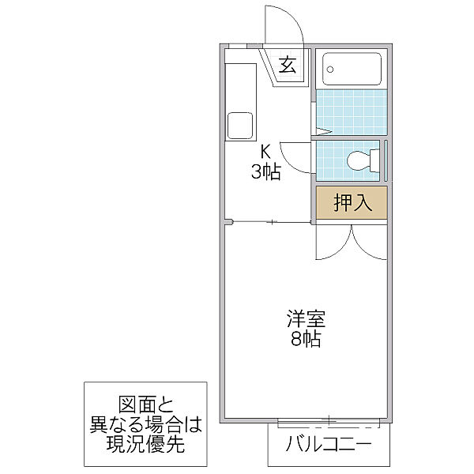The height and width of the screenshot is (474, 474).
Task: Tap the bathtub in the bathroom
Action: (x=352, y=72)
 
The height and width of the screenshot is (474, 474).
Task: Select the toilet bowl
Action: (x=359, y=160)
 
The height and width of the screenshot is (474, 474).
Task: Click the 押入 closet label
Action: (x=352, y=203)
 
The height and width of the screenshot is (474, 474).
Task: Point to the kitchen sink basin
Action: (x=239, y=125)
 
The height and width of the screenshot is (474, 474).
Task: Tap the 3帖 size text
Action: (x=266, y=171)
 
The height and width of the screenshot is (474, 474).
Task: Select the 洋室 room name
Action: (x=307, y=320)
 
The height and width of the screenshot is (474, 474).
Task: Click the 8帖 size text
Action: (x=307, y=340)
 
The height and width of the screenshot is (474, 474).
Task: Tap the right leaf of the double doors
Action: (x=368, y=242)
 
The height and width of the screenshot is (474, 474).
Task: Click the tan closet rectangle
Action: (x=352, y=203)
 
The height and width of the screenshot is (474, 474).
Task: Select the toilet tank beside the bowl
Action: (x=377, y=160)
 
